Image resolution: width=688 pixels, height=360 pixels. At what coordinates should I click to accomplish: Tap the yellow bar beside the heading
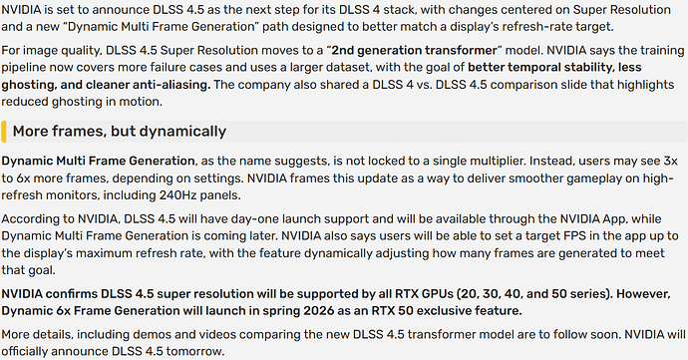(4, 132)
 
